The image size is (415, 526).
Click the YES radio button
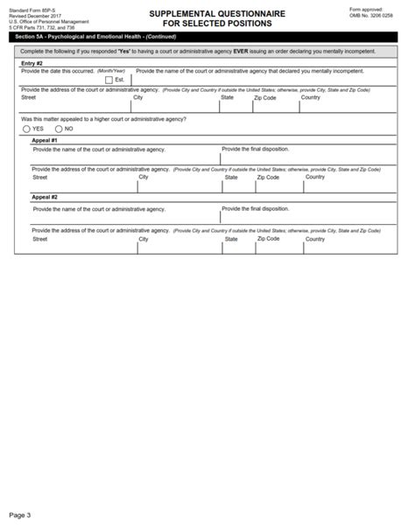pos(27,129)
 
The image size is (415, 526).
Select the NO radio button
pos(58,129)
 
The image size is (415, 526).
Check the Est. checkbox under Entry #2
pos(109,79)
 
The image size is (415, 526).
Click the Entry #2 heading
pos(32,63)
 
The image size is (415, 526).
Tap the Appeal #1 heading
pos(45,140)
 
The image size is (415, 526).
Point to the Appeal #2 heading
pos(45,197)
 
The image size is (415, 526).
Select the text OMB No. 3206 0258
pos(371,15)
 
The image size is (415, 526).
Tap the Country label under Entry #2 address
pos(311,97)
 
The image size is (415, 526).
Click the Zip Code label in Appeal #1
pos(268,177)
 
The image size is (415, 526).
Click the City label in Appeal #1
pos(144,177)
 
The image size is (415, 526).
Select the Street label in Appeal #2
pos(40,238)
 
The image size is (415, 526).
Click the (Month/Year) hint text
pos(112,70)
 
